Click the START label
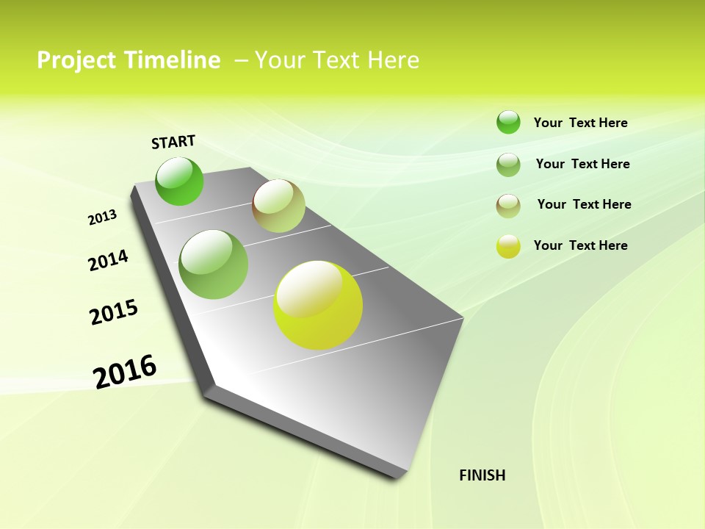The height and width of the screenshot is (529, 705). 173,142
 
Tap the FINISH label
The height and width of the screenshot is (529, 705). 482,475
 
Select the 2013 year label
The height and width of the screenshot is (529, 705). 103,217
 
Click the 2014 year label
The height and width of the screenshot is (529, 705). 109,261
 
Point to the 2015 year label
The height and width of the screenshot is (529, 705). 114,312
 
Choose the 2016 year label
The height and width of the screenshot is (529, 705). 125,371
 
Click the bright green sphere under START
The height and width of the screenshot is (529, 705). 180,181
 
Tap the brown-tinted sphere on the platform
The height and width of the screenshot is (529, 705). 278,206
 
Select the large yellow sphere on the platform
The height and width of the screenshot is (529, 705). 318,305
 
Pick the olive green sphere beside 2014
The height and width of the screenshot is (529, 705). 214,264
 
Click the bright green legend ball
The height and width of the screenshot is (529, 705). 508,122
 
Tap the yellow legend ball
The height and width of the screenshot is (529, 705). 508,246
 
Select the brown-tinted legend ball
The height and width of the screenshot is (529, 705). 508,206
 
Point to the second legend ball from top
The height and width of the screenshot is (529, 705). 508,165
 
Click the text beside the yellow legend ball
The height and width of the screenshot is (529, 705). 581,245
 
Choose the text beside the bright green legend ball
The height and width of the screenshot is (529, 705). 581,123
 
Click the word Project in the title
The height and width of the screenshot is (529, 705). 75,60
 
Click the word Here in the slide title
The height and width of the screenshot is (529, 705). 393,60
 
